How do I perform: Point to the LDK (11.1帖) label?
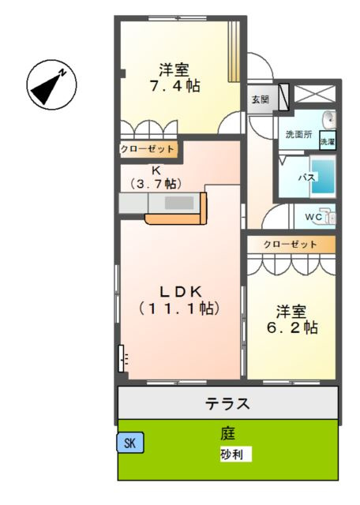coord(178,298)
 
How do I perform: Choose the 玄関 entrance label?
coord(260,99)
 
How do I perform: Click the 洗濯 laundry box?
coord(327,142)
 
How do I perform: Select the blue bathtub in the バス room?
coord(326,178)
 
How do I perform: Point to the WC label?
coord(312,215)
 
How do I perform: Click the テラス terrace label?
coord(228,404)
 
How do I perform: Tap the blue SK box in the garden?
coord(130,443)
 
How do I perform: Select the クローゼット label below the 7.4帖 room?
coord(147,148)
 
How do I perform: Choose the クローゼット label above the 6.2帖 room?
coord(290,245)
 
